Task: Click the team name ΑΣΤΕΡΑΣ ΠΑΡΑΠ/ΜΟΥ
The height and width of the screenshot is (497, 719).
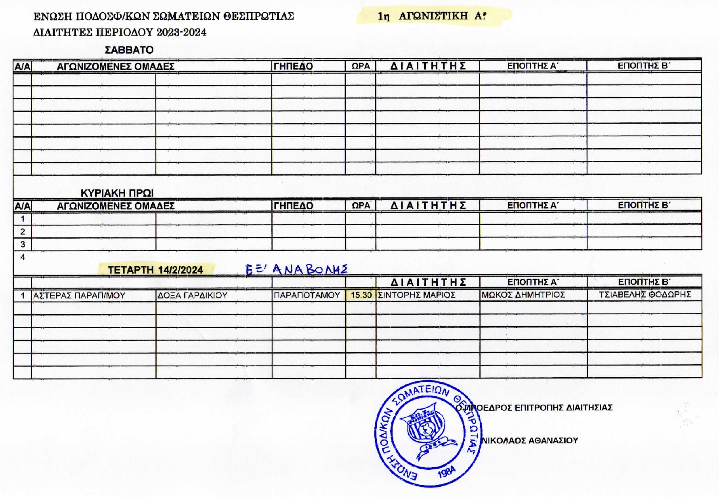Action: pyautogui.click(x=79, y=296)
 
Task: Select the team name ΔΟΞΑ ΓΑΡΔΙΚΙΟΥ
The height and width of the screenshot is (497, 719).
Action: pyautogui.click(x=193, y=296)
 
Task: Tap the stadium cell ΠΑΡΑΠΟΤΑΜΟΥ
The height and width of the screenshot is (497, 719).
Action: pyautogui.click(x=307, y=295)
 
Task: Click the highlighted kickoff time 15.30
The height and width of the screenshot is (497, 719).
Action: pyautogui.click(x=361, y=295)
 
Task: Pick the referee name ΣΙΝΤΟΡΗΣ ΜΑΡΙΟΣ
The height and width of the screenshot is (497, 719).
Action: pyautogui.click(x=417, y=295)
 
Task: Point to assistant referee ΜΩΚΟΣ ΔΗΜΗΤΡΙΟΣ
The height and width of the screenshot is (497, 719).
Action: pyautogui.click(x=523, y=295)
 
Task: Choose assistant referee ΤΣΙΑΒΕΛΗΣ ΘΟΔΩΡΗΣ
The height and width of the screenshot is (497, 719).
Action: pyautogui.click(x=645, y=294)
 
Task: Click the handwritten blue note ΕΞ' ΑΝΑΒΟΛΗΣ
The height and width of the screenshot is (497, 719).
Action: pyautogui.click(x=297, y=270)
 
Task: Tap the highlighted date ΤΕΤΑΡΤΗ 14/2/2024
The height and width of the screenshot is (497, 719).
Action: pyautogui.click(x=155, y=270)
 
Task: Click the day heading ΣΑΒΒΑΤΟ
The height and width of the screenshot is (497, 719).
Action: pyautogui.click(x=129, y=50)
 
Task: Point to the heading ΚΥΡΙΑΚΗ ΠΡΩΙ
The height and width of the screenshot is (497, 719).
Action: pyautogui.click(x=117, y=193)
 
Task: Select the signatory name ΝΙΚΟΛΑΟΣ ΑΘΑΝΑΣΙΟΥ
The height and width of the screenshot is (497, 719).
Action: pyautogui.click(x=530, y=440)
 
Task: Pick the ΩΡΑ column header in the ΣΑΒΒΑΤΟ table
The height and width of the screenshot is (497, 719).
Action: pyautogui.click(x=360, y=66)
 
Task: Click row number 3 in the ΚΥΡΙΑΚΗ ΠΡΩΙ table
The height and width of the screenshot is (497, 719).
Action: pyautogui.click(x=23, y=244)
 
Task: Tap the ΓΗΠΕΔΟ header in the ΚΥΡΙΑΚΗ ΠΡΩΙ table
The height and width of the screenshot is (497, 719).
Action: pyautogui.click(x=293, y=206)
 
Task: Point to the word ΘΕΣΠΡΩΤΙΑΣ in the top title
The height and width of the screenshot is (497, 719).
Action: pyautogui.click(x=258, y=16)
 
